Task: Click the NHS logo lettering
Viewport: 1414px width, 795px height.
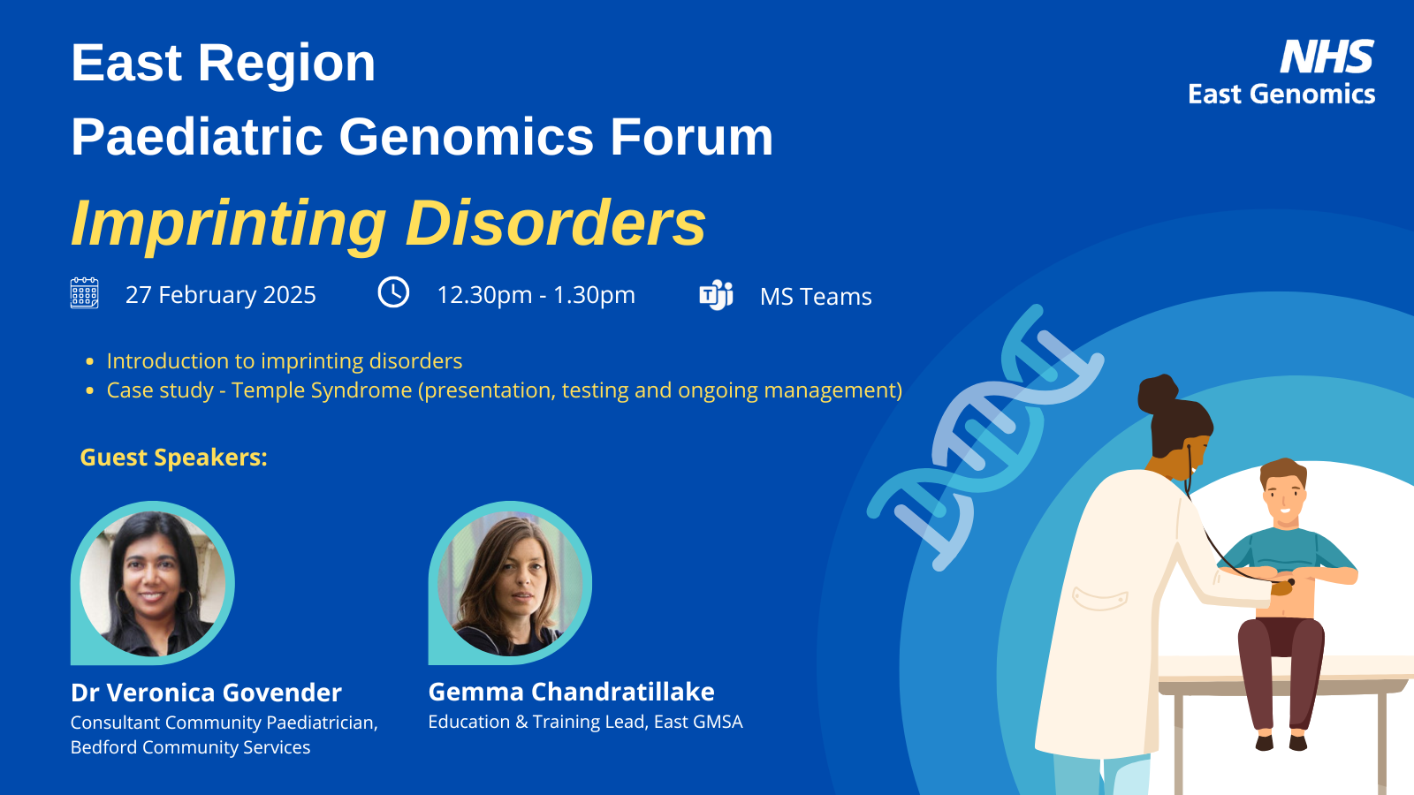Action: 1327,57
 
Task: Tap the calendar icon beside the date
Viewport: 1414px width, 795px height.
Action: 85,292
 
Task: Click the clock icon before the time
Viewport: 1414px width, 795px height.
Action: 393,292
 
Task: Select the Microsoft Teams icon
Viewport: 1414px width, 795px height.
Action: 716,295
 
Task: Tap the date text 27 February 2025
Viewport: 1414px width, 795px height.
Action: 220,295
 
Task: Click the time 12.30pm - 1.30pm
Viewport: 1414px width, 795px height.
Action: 536,295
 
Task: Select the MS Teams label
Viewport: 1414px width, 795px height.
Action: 816,297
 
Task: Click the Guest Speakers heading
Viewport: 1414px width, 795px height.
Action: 173,458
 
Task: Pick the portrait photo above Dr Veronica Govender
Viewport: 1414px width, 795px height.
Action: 152,583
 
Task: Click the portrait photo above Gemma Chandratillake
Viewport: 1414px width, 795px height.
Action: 510,583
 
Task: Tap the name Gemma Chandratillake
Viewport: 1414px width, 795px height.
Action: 571,692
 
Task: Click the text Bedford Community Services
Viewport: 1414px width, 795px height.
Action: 191,747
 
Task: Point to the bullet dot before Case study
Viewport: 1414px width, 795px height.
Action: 89,391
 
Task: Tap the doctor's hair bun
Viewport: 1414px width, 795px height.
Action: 1158,392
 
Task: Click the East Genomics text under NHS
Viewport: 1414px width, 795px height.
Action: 1281,94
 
